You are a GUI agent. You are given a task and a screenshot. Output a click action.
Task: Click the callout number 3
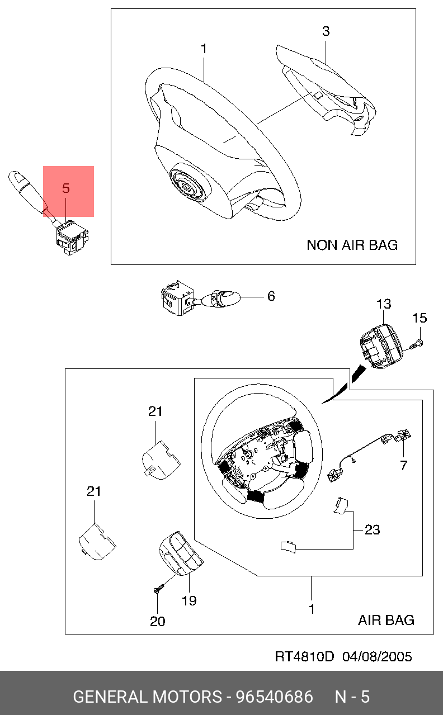(326, 32)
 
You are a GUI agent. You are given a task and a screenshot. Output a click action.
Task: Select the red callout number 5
(66, 189)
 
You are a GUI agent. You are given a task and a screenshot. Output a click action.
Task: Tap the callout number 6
(271, 296)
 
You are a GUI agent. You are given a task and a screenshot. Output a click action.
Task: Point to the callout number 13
(384, 305)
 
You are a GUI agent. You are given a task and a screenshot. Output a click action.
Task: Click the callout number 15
(420, 319)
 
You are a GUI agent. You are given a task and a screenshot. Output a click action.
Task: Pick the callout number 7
(403, 465)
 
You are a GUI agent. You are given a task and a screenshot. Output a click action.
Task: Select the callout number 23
(372, 529)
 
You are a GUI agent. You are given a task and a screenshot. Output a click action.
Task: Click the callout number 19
(189, 601)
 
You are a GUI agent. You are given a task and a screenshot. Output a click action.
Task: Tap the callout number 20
(158, 621)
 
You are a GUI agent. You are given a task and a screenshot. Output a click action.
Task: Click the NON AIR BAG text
(352, 245)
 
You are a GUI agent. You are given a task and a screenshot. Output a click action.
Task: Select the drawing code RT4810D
(304, 656)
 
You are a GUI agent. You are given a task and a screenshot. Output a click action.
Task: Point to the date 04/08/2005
(377, 656)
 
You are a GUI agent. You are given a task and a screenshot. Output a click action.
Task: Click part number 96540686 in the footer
(274, 697)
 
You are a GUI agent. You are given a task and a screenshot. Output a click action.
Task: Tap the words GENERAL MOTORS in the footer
(147, 697)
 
